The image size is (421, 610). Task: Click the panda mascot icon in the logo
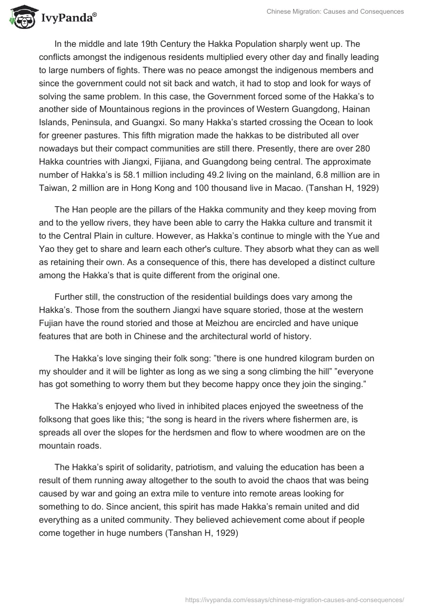point(20,17)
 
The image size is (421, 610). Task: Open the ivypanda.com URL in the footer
point(295,599)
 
